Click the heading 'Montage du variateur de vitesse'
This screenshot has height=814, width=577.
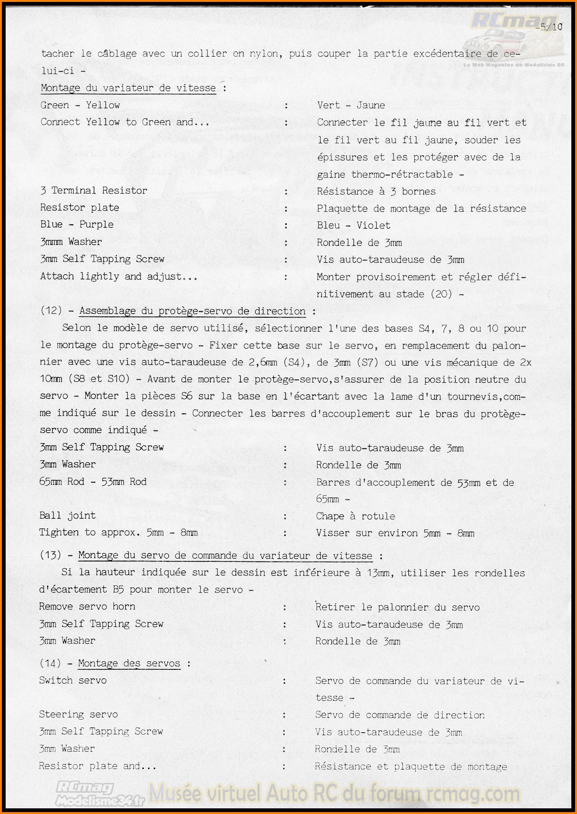click(x=128, y=88)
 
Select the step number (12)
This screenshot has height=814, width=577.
click(x=51, y=311)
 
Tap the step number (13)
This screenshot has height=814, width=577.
click(x=50, y=555)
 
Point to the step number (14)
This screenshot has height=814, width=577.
click(x=50, y=663)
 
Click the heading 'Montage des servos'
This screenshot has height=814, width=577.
click(x=129, y=663)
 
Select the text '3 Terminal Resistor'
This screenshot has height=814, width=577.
click(x=94, y=190)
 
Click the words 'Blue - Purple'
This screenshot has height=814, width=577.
click(x=77, y=224)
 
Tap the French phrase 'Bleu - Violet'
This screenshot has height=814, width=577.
click(x=354, y=225)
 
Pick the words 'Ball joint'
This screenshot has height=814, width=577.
click(x=67, y=516)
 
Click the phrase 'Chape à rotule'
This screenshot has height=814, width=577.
click(x=355, y=516)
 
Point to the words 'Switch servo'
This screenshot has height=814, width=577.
click(x=73, y=681)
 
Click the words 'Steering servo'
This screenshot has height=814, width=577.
click(x=78, y=715)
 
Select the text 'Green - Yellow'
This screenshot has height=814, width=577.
click(x=80, y=105)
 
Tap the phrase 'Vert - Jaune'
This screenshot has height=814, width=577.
click(x=351, y=105)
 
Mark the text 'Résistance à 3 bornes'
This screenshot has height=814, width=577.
click(x=376, y=191)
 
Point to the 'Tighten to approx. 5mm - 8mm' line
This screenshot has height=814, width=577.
click(x=118, y=533)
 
